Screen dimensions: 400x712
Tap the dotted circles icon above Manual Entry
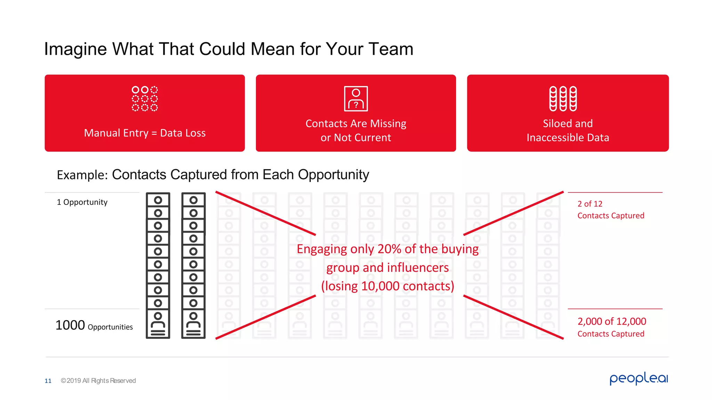[x=145, y=99]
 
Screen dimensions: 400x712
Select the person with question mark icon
[x=356, y=99]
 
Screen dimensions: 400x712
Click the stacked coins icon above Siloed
[x=563, y=99]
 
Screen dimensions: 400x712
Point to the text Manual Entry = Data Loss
[x=145, y=133]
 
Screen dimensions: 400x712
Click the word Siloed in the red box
[x=555, y=124]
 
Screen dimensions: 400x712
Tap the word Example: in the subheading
[x=82, y=175]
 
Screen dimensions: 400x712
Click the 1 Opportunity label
[x=82, y=202]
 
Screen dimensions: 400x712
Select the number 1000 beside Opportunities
[x=70, y=325]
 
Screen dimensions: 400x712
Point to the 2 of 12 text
[x=590, y=204]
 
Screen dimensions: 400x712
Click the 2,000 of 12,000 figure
[x=612, y=322]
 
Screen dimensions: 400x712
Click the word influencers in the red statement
[x=418, y=268]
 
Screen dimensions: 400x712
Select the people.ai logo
[x=639, y=378]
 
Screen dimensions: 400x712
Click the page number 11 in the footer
[x=48, y=381]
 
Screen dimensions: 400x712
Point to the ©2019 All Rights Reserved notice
[x=98, y=381]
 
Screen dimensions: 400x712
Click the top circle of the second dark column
[x=193, y=200]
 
